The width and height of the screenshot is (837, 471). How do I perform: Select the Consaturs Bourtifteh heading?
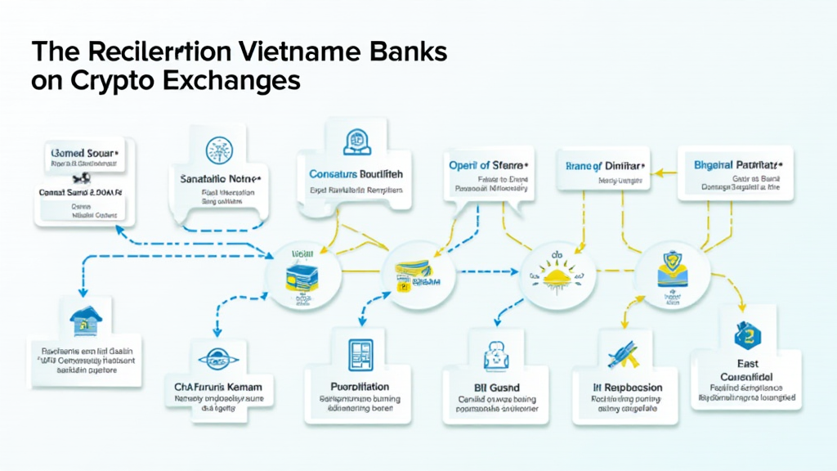click(x=356, y=174)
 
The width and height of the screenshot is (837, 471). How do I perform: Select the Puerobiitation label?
click(x=360, y=386)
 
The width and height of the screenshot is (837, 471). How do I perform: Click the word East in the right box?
click(x=747, y=363)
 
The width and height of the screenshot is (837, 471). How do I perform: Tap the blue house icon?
click(x=84, y=321)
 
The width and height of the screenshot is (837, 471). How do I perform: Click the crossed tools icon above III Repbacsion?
click(x=624, y=354)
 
